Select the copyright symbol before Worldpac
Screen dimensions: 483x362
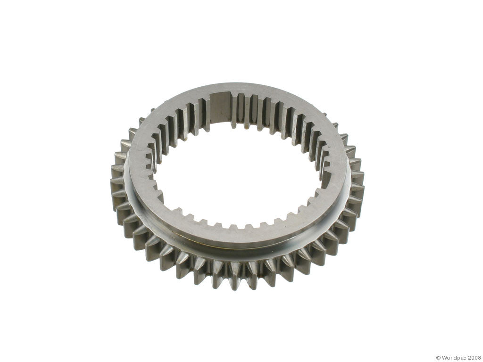point(438,357)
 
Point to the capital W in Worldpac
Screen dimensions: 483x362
point(444,357)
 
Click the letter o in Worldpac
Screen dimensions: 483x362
point(449,358)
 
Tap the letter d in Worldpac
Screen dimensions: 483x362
point(455,357)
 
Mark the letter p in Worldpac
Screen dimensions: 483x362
point(458,358)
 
